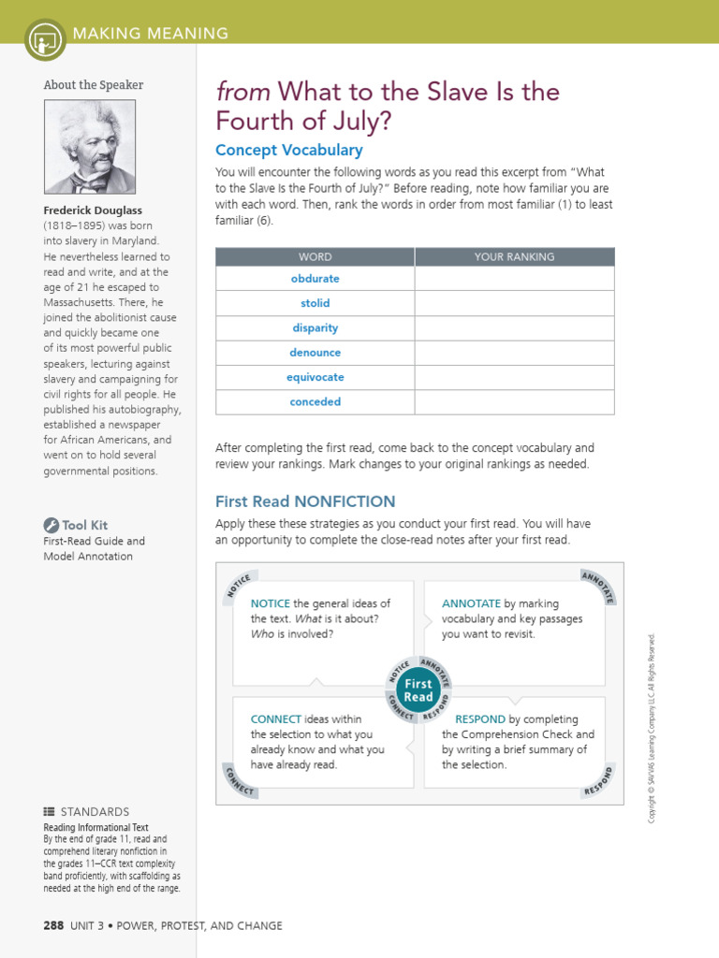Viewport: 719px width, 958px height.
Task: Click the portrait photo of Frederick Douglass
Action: (90, 147)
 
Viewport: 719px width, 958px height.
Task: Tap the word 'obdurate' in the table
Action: (315, 279)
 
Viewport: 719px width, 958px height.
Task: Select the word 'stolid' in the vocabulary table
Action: (315, 303)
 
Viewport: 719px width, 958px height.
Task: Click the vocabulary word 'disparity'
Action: (315, 328)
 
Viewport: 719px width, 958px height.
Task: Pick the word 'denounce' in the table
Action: (315, 353)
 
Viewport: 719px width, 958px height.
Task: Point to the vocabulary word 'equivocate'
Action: (315, 377)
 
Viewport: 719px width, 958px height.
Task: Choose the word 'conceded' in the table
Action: (315, 401)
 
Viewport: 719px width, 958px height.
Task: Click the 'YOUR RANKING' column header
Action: (514, 256)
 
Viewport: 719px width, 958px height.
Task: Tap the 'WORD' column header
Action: (315, 256)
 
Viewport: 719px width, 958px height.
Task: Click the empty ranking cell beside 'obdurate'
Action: (514, 279)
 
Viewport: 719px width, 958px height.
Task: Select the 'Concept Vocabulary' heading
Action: (288, 150)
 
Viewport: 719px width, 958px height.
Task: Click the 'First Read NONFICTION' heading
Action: (305, 501)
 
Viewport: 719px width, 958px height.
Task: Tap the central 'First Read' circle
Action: (418, 690)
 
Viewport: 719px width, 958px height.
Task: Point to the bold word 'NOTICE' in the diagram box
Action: (270, 603)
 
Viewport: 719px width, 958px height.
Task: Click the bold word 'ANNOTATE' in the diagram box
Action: (471, 603)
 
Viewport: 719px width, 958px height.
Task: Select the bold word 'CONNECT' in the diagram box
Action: (275, 719)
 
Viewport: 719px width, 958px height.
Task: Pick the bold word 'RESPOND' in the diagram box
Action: (480, 719)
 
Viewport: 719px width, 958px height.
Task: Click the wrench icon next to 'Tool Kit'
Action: (51, 525)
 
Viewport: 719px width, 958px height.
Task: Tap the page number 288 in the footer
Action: (53, 925)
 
